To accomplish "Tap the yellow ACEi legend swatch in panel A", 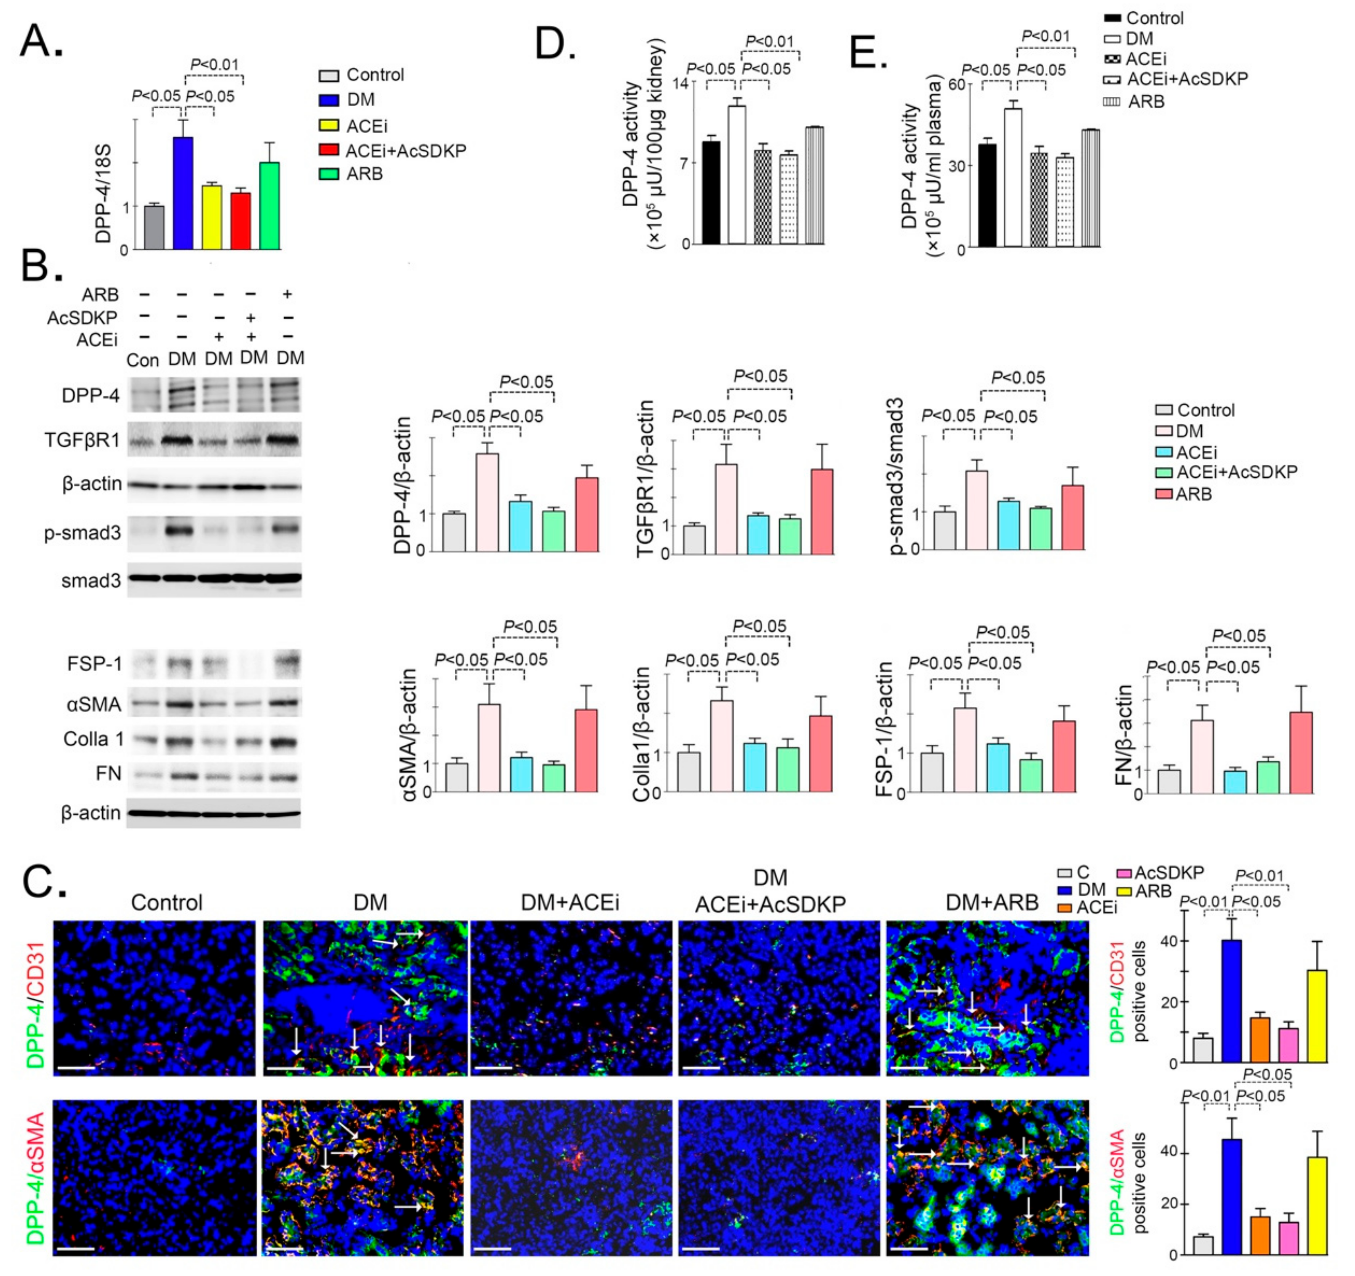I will click(x=329, y=125).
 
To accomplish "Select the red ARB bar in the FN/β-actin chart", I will click(x=1301, y=753).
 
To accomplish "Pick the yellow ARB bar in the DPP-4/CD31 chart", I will click(x=1317, y=1015).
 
